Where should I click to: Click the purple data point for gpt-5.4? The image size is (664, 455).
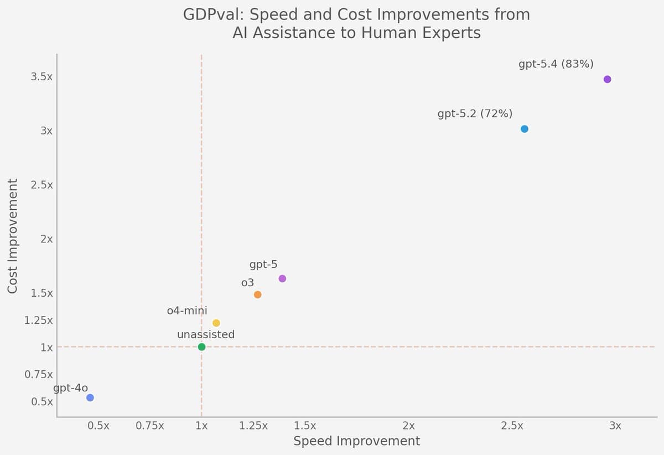[x=607, y=79]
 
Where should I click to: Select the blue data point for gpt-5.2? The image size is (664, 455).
[x=525, y=129]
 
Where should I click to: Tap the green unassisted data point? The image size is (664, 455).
[x=201, y=347]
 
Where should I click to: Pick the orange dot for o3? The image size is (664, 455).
[x=257, y=294]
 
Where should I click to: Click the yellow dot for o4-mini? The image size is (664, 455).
[x=216, y=323]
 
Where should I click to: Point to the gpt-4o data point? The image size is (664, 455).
[x=90, y=397]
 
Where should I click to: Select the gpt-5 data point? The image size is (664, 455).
[x=282, y=278]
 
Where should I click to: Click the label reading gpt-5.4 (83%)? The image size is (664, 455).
[x=556, y=64]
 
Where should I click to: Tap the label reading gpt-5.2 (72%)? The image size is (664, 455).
[x=475, y=114]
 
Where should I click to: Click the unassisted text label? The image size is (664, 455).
[x=206, y=335]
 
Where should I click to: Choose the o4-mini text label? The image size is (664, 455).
[x=187, y=311]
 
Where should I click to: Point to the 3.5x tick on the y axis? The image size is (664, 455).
[x=42, y=77]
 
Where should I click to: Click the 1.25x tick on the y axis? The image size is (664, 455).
[x=39, y=320]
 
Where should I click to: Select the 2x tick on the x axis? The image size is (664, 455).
[x=408, y=426]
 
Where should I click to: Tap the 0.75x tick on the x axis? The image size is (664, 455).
[x=150, y=426]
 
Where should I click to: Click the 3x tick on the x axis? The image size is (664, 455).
[x=615, y=426]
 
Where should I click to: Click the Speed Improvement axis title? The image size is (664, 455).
[x=356, y=441]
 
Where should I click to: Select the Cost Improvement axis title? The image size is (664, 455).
[x=13, y=236]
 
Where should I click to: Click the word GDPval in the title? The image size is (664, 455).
[x=210, y=15]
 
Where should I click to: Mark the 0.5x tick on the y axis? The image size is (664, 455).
[x=42, y=402]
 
